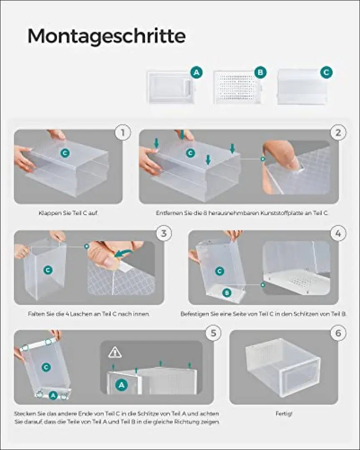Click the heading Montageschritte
[x=107, y=36]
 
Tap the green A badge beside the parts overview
[x=197, y=72]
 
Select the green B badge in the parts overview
[x=260, y=72]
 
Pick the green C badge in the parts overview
[x=326, y=72]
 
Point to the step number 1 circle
[x=123, y=132]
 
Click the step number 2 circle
[x=338, y=132]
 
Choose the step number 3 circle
[x=164, y=233]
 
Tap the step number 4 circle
[x=338, y=233]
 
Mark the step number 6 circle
[x=338, y=333]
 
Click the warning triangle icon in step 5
[x=115, y=352]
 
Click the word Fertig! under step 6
[x=284, y=414]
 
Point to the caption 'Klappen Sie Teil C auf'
[x=68, y=213]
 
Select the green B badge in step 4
[x=227, y=293]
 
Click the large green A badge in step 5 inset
[x=121, y=385]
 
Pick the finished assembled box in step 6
[x=283, y=367]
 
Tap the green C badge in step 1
[x=65, y=153]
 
